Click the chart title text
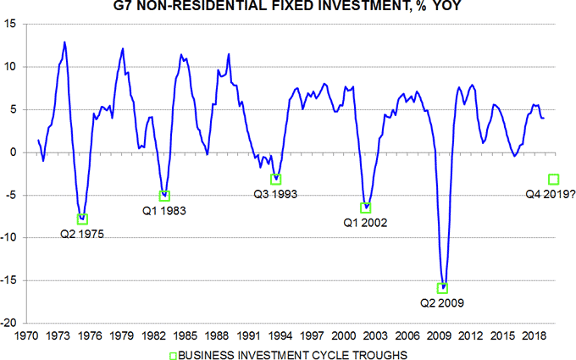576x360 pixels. point(289,8)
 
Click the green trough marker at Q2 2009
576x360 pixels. point(442,288)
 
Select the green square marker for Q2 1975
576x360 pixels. point(82,219)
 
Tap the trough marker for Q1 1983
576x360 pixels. point(165,196)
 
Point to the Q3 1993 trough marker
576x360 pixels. point(275,179)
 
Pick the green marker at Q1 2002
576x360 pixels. point(366,208)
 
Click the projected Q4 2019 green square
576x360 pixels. point(553,179)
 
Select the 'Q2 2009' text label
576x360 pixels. point(442,302)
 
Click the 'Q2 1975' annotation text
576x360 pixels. point(81,233)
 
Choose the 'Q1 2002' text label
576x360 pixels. point(364,222)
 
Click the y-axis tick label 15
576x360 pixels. point(13,24)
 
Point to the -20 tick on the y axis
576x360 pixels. point(11,323)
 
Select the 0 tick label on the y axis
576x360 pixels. point(16,152)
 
